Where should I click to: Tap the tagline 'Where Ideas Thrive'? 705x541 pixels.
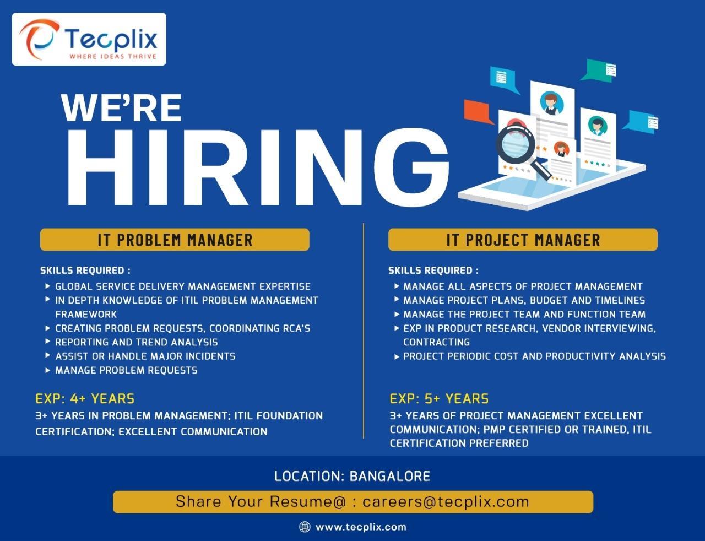[113, 56]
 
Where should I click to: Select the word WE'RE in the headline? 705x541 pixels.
[122, 107]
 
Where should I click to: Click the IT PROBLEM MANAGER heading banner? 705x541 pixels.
[175, 240]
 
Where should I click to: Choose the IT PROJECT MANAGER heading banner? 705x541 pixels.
[523, 240]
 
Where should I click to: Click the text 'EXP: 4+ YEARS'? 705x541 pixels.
[85, 398]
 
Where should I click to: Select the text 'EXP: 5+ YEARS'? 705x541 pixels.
[439, 398]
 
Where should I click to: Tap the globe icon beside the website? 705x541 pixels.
[305, 527]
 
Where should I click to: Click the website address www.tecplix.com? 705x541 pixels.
[361, 527]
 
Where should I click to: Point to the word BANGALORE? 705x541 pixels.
[390, 476]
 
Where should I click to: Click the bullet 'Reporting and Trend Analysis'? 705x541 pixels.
[136, 342]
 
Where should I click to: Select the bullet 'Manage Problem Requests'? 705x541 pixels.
[126, 370]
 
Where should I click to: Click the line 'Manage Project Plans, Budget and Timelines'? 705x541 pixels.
[524, 300]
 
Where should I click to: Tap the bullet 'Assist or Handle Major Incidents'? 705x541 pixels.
[145, 356]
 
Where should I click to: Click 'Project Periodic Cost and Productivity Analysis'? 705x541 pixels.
[534, 356]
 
